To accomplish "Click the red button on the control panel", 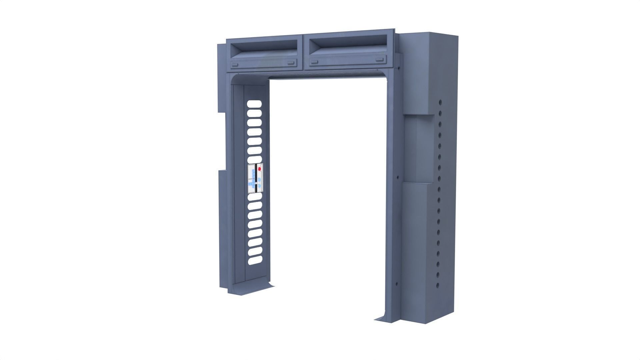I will (259, 169).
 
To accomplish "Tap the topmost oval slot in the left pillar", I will (254, 104).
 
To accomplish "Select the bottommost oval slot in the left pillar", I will (254, 260).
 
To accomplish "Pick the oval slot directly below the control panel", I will (254, 197).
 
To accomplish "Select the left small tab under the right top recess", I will (314, 62).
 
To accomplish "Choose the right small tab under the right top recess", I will (379, 59).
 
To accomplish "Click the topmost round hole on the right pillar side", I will (440, 102).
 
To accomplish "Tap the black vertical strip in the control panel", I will (255, 178).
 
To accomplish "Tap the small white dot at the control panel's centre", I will (255, 183).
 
